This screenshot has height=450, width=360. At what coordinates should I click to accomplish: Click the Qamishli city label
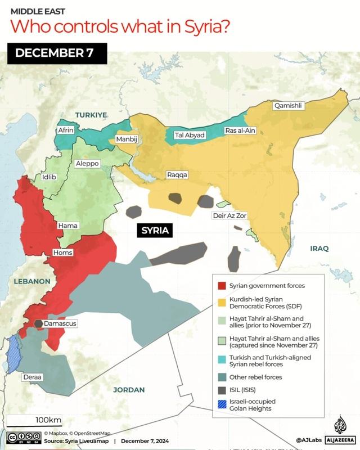pyautogui.click(x=288, y=105)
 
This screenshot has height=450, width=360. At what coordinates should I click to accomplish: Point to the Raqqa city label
pyautogui.click(x=177, y=175)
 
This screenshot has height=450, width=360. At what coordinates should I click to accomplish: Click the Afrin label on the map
pyautogui.click(x=66, y=130)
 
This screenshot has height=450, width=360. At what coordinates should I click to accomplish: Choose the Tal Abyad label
pyautogui.click(x=190, y=135)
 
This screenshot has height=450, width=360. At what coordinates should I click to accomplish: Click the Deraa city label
pyautogui.click(x=32, y=376)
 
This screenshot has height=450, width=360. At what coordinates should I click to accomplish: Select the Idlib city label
pyautogui.click(x=49, y=177)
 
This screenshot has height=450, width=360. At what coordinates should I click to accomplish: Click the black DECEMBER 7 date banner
pyautogui.click(x=53, y=53)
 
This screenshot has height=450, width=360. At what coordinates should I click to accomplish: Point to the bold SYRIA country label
pyautogui.click(x=156, y=231)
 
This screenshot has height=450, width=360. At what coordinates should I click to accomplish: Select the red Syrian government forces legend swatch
pyautogui.click(x=222, y=286)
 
